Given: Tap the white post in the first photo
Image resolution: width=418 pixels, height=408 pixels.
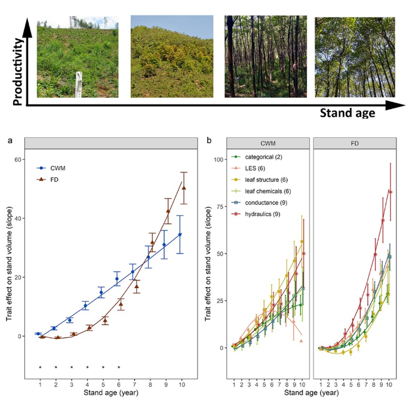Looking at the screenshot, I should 78,84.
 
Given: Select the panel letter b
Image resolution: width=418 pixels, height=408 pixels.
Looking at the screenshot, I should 208,141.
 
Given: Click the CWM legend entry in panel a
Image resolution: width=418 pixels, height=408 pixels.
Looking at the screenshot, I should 58,169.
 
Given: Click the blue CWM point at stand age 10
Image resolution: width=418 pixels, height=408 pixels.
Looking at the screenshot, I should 180,234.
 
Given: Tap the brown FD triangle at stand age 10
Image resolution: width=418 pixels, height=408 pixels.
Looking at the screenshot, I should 184,187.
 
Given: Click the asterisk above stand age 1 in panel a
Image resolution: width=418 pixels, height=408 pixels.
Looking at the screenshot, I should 40,367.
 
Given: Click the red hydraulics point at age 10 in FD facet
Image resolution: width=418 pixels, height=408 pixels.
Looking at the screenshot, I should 390,191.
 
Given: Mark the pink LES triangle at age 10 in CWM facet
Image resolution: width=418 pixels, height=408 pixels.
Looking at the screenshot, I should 302,341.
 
